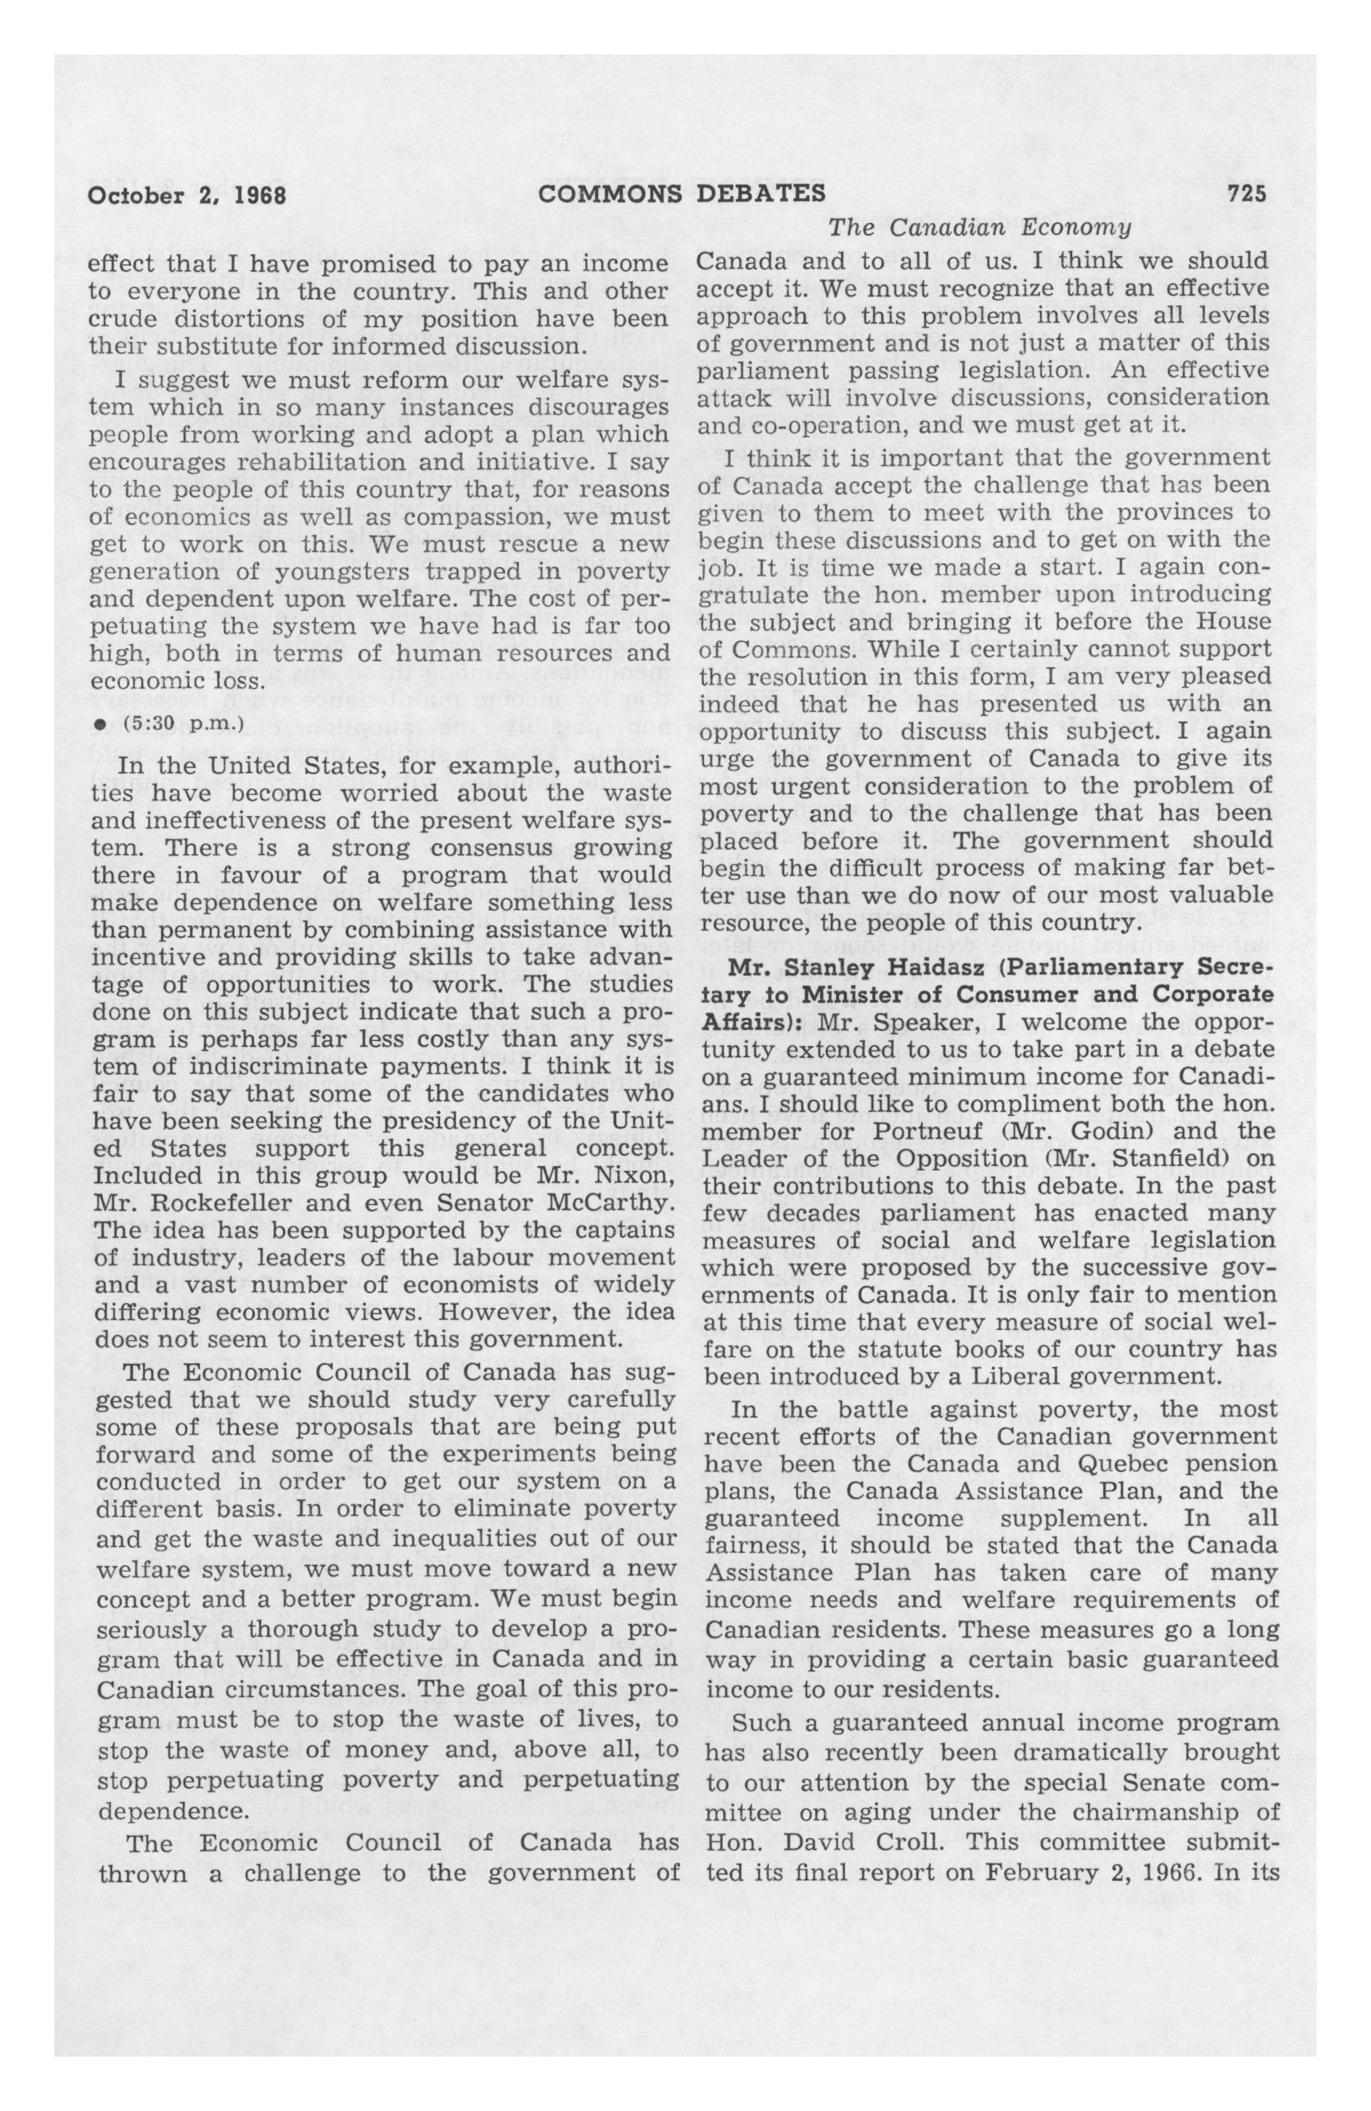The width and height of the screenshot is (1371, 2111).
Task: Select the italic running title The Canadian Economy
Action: pyautogui.click(x=980, y=228)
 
